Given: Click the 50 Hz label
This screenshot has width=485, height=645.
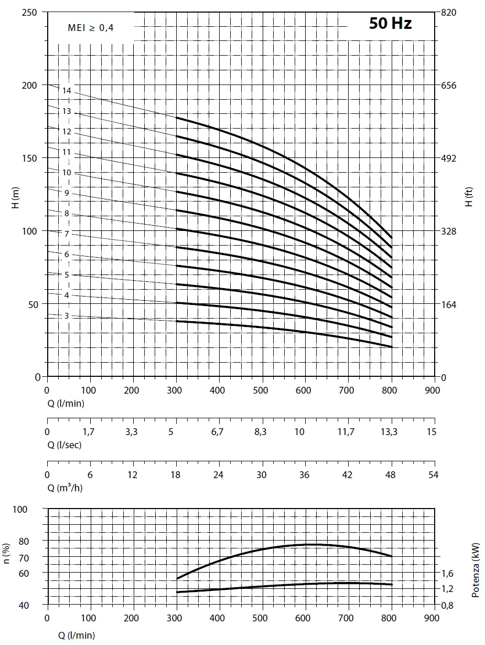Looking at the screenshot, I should [390, 24].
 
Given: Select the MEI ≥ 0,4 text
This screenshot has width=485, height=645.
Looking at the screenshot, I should [90, 28].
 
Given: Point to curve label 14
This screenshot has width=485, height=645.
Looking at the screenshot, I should [67, 91].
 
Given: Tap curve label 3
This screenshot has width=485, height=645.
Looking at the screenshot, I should [67, 316].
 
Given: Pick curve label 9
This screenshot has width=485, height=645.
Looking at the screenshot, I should [67, 193].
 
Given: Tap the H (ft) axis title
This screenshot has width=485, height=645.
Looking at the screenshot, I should [469, 197].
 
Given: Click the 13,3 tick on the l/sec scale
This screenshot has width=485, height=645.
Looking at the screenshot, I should [389, 432].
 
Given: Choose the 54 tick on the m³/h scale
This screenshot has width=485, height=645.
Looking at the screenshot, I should [434, 475].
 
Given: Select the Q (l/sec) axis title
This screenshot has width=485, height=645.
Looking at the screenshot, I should [64, 445].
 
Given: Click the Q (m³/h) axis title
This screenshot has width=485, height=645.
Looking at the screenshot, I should [65, 488].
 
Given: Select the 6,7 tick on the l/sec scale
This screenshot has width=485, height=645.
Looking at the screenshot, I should [217, 432].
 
